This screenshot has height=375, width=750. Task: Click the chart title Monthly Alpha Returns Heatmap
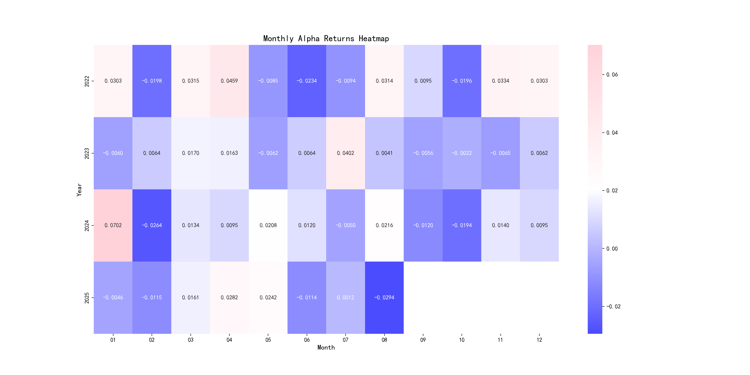tap(326, 38)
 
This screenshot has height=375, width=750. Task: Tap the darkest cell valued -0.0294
tap(384, 297)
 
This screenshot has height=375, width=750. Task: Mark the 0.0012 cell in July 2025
tap(345, 297)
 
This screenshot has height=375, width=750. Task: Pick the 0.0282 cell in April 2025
tap(229, 297)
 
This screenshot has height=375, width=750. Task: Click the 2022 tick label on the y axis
tap(87, 81)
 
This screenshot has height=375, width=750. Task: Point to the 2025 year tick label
tap(87, 298)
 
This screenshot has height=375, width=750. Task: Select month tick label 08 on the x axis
tap(384, 340)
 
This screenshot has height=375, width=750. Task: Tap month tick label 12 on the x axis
tap(539, 340)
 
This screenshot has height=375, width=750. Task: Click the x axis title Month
tap(326, 347)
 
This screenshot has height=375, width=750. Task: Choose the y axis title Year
tap(79, 190)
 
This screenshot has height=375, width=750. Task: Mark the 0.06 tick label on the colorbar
tap(612, 75)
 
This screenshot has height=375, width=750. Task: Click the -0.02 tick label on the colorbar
tap(613, 306)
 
